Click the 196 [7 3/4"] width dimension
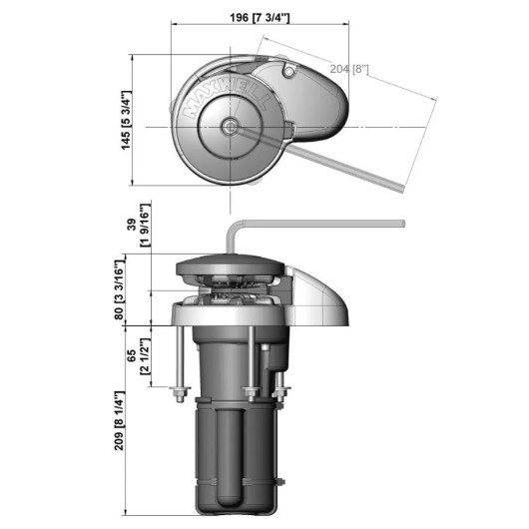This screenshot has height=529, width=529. click(x=260, y=17)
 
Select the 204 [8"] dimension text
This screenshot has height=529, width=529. click(x=349, y=69)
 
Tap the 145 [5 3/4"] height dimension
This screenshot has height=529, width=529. click(x=126, y=120)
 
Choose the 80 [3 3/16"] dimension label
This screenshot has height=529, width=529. click(x=120, y=289)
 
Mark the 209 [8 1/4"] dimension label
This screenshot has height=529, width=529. click(x=120, y=420)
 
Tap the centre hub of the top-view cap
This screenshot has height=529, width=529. click(x=231, y=127)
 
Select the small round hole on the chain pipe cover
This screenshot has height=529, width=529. click(x=288, y=72)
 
